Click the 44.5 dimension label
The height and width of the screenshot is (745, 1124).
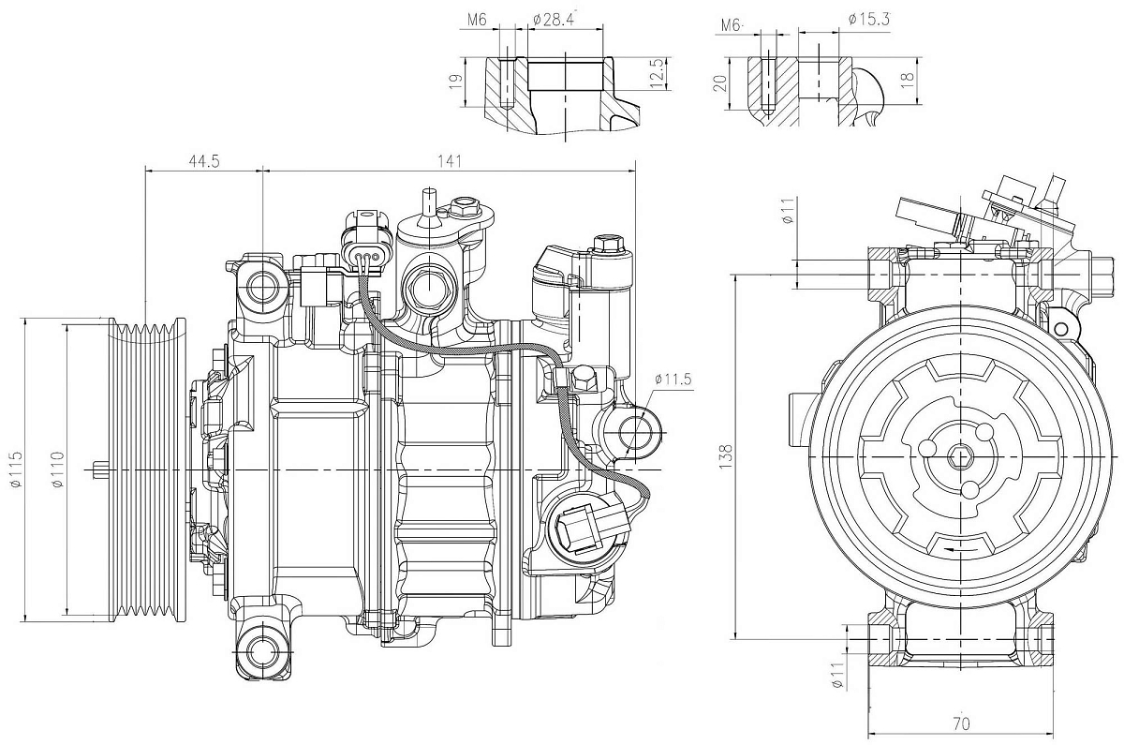pyautogui.click(x=203, y=161)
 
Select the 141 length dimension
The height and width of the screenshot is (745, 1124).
pyautogui.click(x=451, y=161)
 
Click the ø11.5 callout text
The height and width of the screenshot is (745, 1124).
pyautogui.click(x=673, y=379)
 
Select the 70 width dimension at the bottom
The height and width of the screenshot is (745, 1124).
pyautogui.click(x=961, y=723)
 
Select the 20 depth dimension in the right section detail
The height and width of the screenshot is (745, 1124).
pyautogui.click(x=719, y=82)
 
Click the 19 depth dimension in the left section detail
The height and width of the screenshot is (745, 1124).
pyautogui.click(x=455, y=82)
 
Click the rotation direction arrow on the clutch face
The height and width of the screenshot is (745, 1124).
pyautogui.click(x=959, y=547)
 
